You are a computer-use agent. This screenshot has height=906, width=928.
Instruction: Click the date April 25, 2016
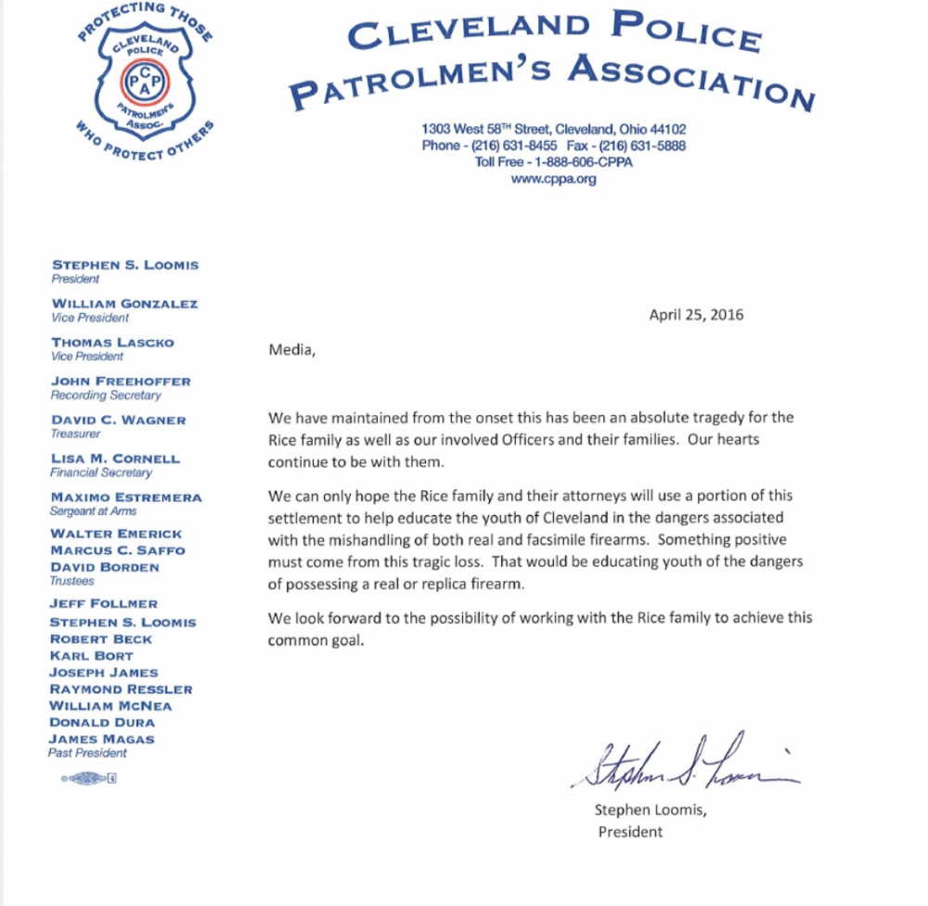[x=696, y=315]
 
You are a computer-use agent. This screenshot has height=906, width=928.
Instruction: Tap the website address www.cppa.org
[x=553, y=179]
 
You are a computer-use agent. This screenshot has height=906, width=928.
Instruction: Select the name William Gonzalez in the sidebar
[x=124, y=304]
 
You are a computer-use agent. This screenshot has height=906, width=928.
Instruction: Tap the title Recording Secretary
[x=105, y=395]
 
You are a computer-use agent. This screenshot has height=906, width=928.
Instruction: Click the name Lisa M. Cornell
[x=116, y=459]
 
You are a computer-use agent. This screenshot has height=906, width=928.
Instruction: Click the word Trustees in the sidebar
[x=72, y=580]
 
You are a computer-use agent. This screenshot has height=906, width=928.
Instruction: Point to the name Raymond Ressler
[x=121, y=689]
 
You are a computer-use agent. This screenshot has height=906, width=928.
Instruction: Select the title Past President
[x=87, y=753]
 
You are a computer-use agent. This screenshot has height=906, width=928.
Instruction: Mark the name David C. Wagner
[x=118, y=421]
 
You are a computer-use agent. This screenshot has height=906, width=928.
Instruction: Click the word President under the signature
[x=630, y=831]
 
